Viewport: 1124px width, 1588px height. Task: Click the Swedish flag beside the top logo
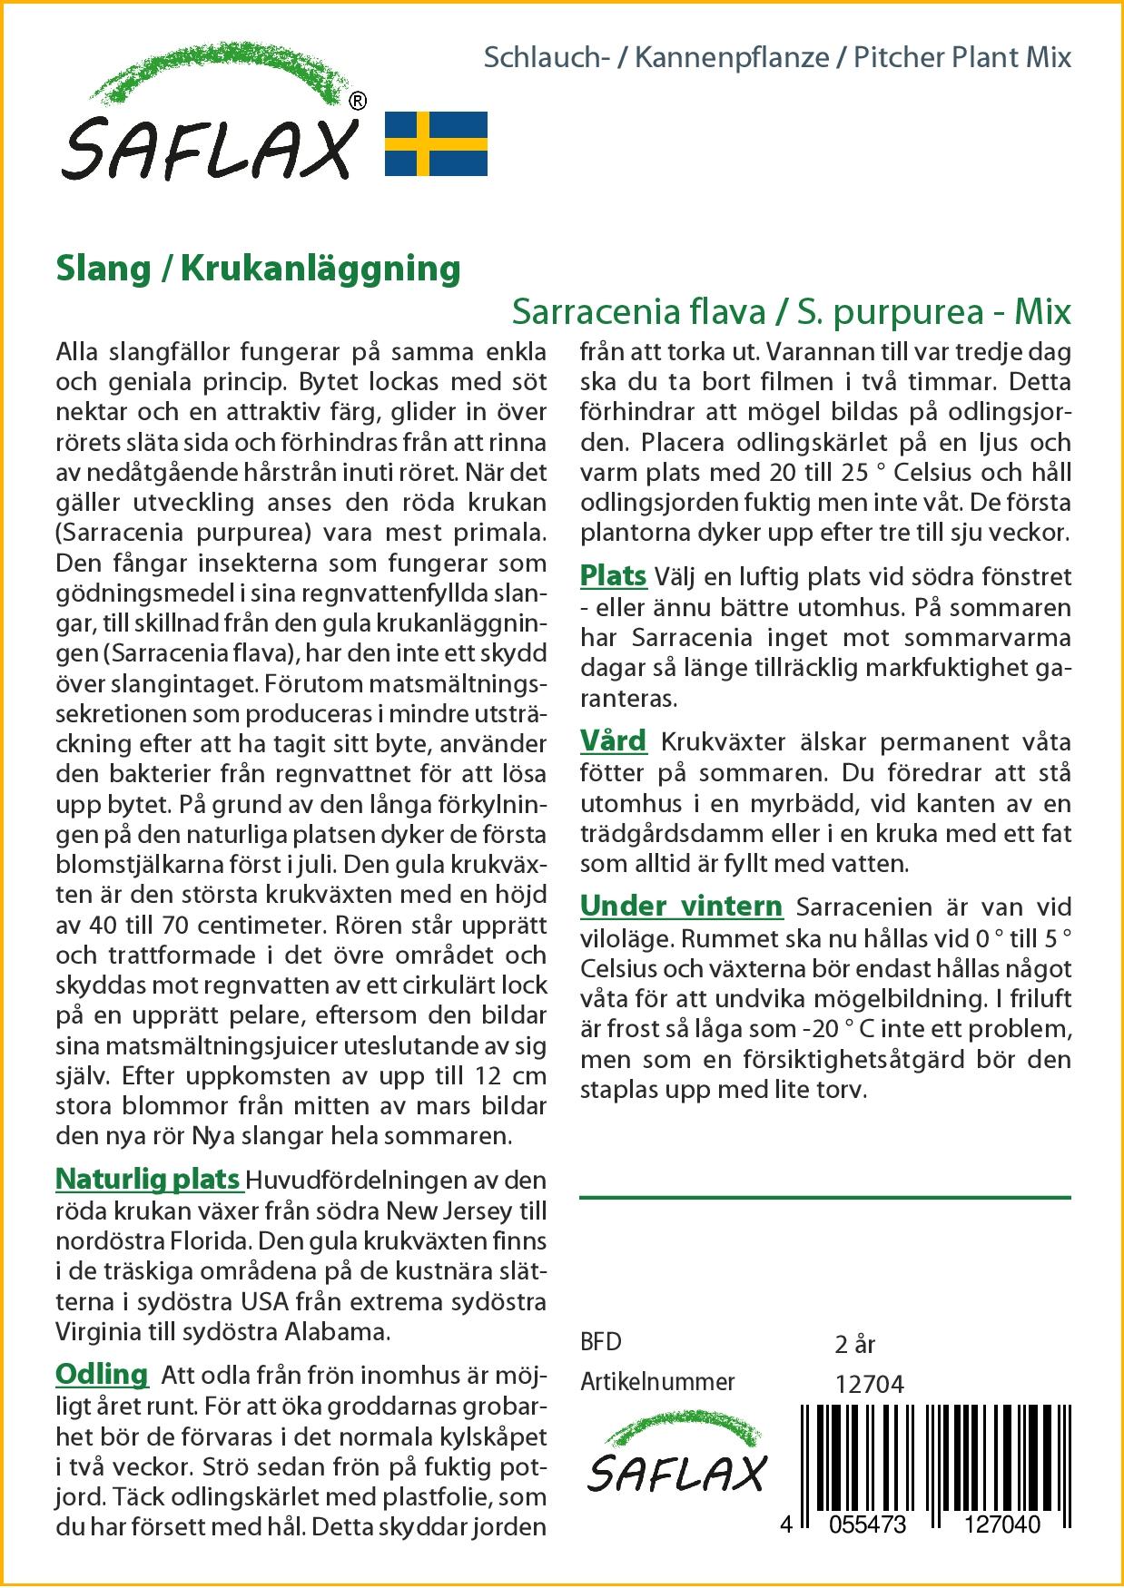[436, 143]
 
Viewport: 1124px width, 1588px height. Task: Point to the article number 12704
[869, 1384]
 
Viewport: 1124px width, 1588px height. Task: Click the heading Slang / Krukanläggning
[258, 269]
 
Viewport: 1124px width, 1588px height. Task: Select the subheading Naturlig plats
[148, 1179]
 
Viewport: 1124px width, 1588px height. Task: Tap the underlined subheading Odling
[102, 1375]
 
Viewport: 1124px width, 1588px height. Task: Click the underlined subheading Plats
[613, 576]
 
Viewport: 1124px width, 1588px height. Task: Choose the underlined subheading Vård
[613, 741]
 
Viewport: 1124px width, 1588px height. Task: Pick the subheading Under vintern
[681, 907]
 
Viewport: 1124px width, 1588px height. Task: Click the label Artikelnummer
[657, 1382]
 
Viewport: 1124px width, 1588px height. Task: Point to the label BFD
[600, 1342]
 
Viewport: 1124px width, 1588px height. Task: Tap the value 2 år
[854, 1344]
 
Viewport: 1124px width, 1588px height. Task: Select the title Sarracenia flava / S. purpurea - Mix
[791, 312]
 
